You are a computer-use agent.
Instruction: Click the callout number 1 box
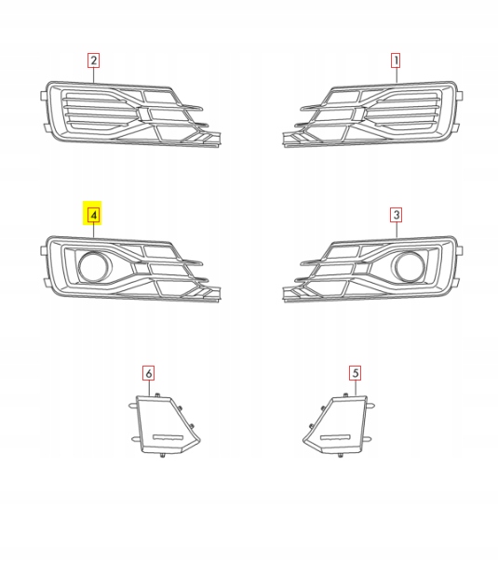pos(396,61)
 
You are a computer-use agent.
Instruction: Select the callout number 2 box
pos(94,61)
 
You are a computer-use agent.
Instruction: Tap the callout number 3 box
pos(396,215)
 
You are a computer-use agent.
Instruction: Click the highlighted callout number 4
pos(94,215)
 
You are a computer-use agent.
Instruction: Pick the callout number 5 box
pos(355,372)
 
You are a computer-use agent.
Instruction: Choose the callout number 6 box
pos(148,372)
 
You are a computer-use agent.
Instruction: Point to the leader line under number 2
pos(94,77)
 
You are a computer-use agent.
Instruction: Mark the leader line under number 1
pos(396,77)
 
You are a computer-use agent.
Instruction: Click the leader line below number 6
pos(148,389)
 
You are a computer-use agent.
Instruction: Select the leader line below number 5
pos(355,389)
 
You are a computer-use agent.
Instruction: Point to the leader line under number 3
pos(396,233)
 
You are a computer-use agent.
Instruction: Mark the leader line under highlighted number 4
pos(94,233)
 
